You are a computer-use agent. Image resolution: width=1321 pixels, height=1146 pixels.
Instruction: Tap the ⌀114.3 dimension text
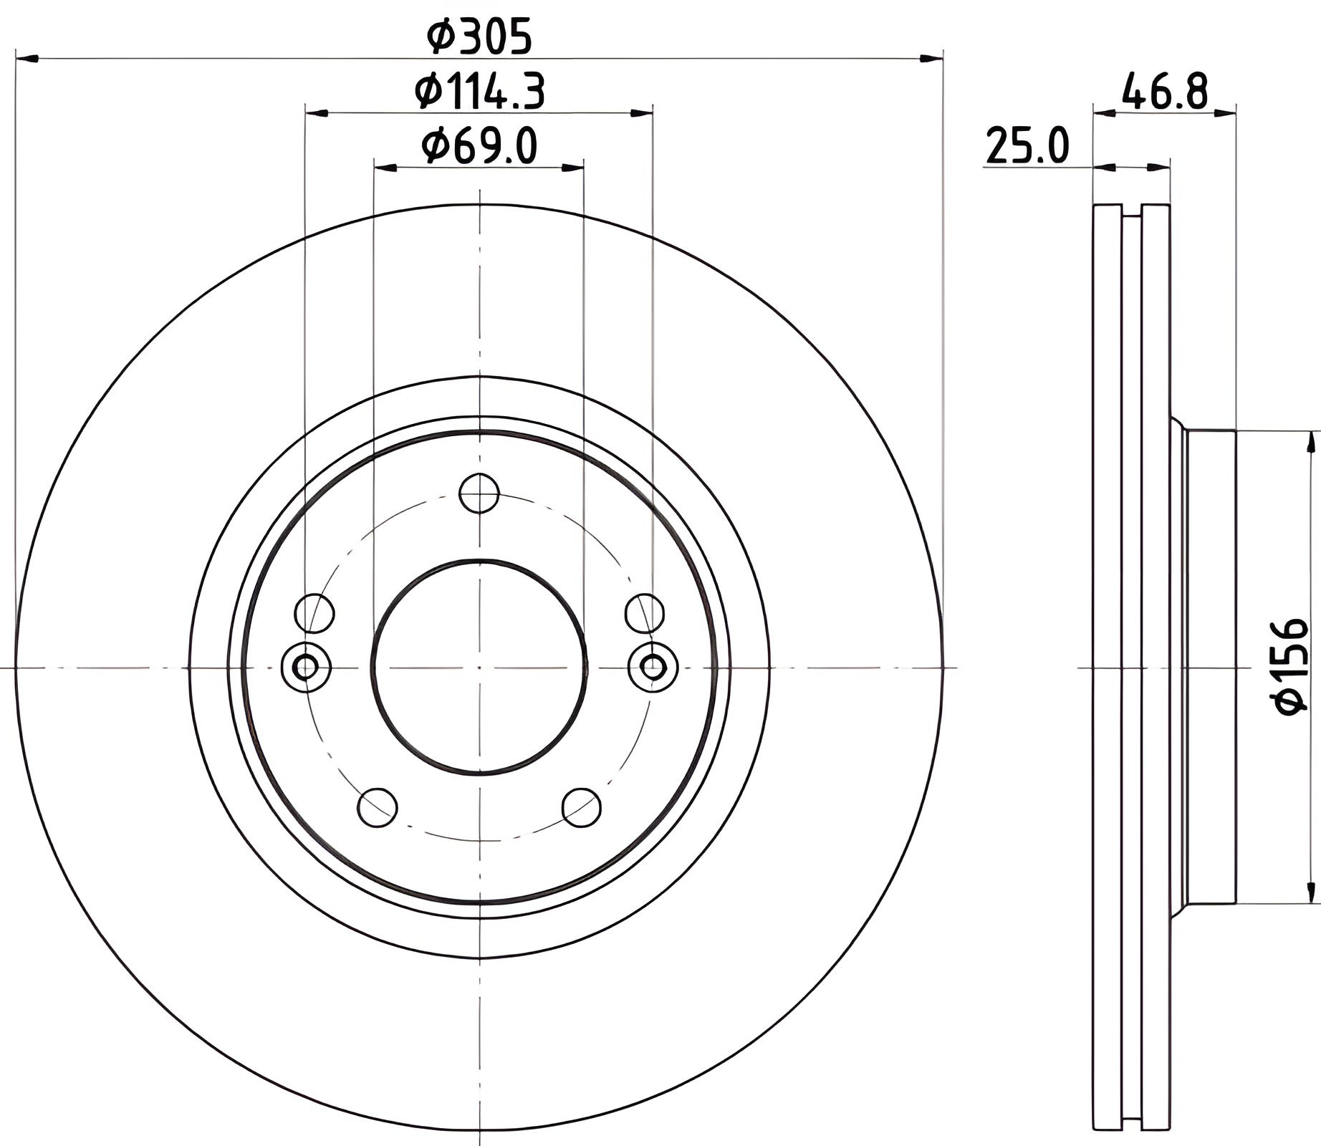tap(479, 92)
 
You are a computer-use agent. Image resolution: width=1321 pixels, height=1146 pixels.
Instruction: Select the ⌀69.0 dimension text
tap(479, 146)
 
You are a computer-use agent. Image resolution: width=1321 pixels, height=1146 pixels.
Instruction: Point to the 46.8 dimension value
tap(1165, 90)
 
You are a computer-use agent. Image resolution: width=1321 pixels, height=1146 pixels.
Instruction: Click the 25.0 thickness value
tap(1027, 145)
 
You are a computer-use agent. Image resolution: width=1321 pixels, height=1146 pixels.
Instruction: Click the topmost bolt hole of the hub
tap(479, 493)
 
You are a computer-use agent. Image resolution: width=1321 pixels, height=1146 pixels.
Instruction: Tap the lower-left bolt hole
tap(378, 807)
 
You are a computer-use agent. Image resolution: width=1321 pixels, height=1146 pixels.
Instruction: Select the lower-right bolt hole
tap(581, 807)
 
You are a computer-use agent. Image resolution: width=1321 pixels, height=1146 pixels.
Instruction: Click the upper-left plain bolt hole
tap(314, 613)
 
